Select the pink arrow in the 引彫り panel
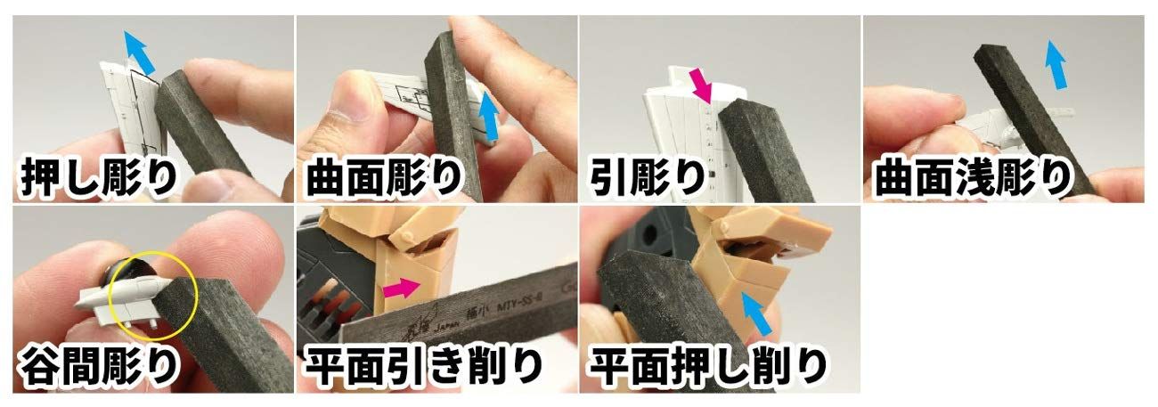click(702, 87)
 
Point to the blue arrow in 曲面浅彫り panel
click(1056, 64)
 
